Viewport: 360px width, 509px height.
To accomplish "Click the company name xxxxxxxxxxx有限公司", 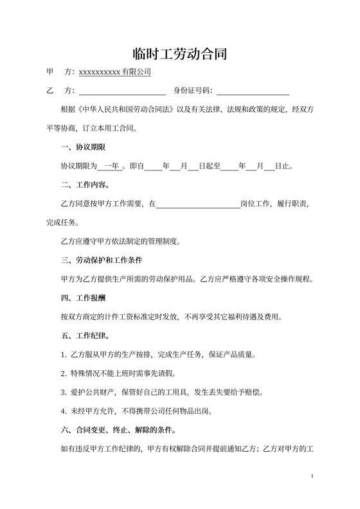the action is (x=114, y=72).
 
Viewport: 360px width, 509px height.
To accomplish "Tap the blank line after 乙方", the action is (x=122, y=91).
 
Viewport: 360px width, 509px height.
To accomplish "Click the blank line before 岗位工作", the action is (x=198, y=204).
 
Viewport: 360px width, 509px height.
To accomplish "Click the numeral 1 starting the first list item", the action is (x=62, y=355).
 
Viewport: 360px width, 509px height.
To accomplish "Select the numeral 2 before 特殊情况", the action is (x=62, y=373).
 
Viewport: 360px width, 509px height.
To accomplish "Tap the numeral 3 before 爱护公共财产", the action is (x=62, y=392).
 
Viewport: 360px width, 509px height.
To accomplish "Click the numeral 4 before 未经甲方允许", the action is (x=62, y=411).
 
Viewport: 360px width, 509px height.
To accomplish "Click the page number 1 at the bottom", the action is (x=312, y=476).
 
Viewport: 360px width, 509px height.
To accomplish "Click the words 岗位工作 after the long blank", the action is (x=256, y=204).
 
